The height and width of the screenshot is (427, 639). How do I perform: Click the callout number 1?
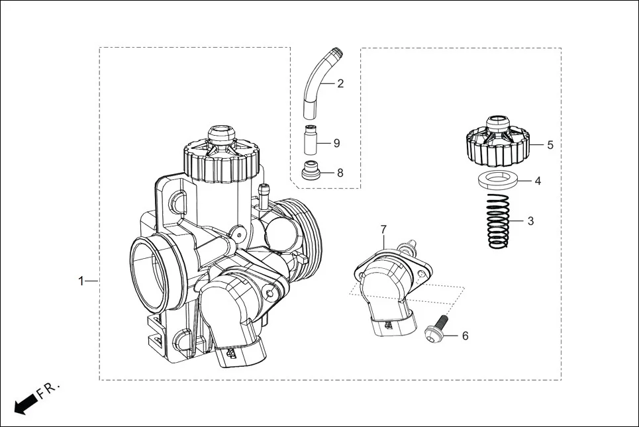(81, 281)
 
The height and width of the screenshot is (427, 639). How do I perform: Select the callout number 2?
(340, 83)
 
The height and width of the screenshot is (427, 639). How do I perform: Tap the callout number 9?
(336, 143)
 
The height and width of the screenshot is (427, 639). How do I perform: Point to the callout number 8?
(340, 173)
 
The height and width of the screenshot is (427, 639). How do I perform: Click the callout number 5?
(550, 144)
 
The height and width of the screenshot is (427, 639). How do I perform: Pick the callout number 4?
(538, 180)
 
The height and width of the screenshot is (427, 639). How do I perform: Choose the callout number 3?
(530, 221)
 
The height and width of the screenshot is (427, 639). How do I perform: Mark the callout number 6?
(465, 336)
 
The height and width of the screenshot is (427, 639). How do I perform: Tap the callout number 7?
(383, 229)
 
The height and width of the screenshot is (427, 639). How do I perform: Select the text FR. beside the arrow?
(48, 390)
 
